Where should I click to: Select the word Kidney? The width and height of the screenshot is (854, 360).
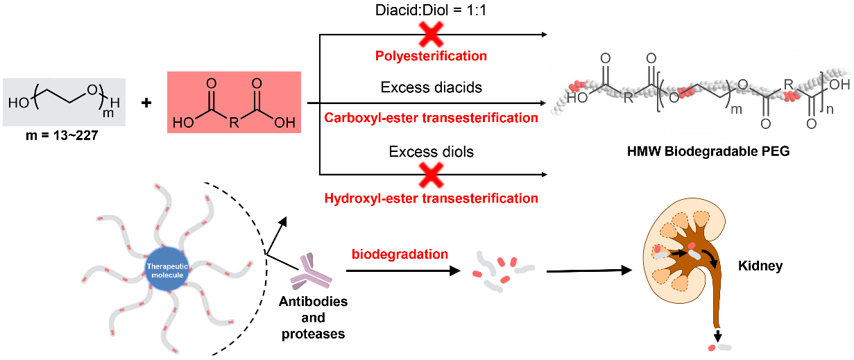click(x=760, y=266)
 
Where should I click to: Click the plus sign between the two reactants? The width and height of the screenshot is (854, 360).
click(x=146, y=103)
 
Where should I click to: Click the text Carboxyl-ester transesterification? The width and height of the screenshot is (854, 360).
click(x=431, y=118)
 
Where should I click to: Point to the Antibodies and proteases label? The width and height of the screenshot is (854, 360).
click(x=313, y=318)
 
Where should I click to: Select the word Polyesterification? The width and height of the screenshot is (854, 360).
click(x=431, y=55)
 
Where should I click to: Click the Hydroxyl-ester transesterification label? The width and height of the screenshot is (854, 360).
click(x=431, y=198)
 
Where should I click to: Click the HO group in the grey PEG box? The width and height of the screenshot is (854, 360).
click(x=17, y=104)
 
